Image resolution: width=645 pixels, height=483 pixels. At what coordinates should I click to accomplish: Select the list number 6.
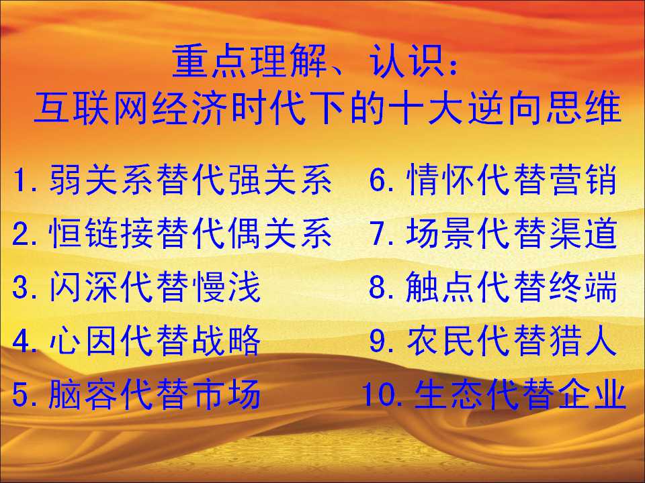point(377,179)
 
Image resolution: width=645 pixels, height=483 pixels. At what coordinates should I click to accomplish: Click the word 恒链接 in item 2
point(102,233)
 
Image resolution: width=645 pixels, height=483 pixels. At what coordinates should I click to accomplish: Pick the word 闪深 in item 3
point(84,286)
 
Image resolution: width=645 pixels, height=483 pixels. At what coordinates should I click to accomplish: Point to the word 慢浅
point(226,286)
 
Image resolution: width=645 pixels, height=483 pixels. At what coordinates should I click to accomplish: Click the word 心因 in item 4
point(84,340)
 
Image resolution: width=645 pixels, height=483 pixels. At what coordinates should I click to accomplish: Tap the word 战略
point(226,340)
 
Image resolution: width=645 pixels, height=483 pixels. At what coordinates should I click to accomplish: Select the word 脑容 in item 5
point(84,394)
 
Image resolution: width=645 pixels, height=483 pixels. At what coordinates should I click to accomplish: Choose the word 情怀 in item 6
point(441,179)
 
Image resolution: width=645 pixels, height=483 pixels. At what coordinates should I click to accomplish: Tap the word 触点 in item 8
point(441,286)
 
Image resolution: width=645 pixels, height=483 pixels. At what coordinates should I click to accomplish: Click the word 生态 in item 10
point(449,394)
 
